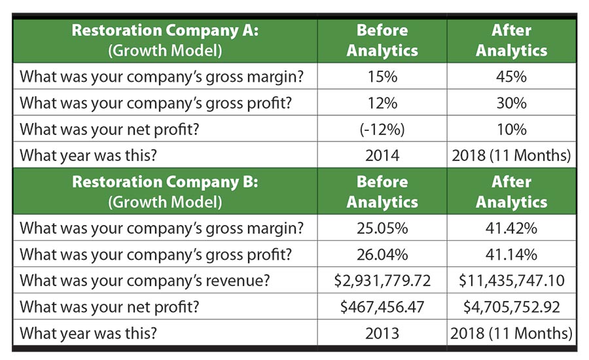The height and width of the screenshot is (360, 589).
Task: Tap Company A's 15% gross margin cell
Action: pyautogui.click(x=382, y=77)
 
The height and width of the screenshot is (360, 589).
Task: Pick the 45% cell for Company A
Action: pyautogui.click(x=511, y=77)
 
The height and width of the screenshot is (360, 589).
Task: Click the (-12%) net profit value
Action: pyautogui.click(x=382, y=130)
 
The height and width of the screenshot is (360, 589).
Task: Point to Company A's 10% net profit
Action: pyautogui.click(x=511, y=130)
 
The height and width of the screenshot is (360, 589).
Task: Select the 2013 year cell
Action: pyautogui.click(x=382, y=333)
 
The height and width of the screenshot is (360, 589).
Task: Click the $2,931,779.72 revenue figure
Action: pyautogui.click(x=382, y=280)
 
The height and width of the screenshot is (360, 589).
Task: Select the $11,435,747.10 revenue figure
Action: pyautogui.click(x=511, y=280)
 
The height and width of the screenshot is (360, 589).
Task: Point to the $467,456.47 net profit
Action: pyautogui.click(x=382, y=306)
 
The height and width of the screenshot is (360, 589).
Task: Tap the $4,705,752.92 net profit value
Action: pyautogui.click(x=511, y=306)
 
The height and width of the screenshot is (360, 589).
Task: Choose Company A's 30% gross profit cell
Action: pyautogui.click(x=511, y=103)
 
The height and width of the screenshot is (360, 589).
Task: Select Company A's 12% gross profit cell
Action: pyautogui.click(x=382, y=103)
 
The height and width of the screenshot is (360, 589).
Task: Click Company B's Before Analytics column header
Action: pyautogui.click(x=382, y=192)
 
